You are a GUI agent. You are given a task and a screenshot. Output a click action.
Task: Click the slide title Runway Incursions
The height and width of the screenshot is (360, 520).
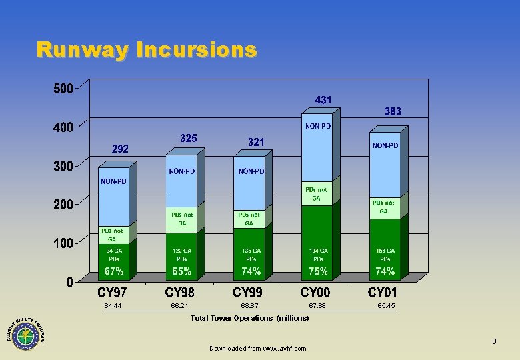pos(146,50)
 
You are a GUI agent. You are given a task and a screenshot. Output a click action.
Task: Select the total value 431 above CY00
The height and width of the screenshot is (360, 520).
pos(323,100)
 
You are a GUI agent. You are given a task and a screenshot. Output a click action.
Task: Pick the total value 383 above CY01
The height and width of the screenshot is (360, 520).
pos(392,112)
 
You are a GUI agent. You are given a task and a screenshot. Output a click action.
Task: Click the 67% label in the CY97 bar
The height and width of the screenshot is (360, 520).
pos(114,272)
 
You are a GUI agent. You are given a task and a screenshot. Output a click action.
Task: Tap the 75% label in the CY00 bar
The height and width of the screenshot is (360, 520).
pos(318,272)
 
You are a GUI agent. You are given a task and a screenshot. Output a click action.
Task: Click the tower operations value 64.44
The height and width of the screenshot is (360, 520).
pos(113,306)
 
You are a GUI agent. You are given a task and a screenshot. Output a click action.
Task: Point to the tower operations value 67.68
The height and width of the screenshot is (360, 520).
pos(317,306)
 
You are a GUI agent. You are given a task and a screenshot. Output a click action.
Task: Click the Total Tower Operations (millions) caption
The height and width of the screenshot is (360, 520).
pos(249,318)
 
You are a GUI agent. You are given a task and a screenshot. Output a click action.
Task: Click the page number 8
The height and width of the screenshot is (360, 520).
pos(494,342)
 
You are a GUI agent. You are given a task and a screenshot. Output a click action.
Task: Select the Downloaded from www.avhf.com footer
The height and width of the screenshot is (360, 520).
pos(257,349)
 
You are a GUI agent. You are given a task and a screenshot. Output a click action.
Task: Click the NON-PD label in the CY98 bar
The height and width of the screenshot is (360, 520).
pos(182,171)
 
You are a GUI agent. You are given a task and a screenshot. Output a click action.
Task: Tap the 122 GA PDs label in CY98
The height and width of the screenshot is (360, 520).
pos(182,255)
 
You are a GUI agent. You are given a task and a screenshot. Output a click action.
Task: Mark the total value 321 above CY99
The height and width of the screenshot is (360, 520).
pos(255,143)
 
